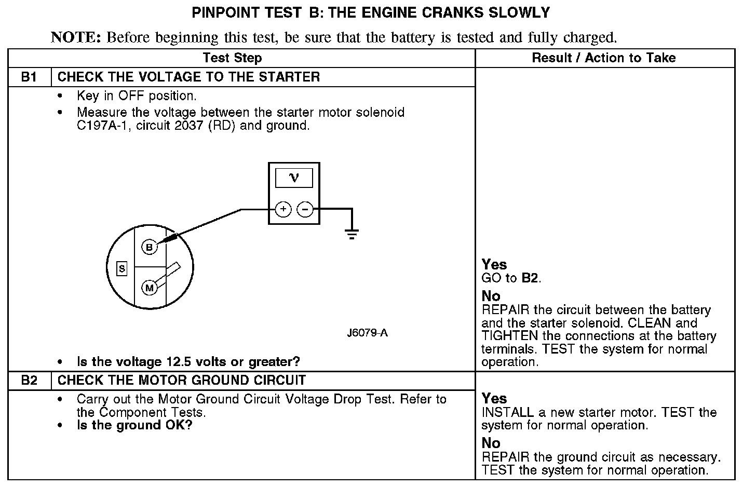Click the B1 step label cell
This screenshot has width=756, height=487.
[x=30, y=77]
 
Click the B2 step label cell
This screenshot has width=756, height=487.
[x=30, y=381]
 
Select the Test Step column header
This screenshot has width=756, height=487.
[x=232, y=58]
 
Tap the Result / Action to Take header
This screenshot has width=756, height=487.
[x=604, y=58]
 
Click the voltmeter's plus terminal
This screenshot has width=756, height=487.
[x=283, y=209]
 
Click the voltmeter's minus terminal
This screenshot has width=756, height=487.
[x=305, y=209]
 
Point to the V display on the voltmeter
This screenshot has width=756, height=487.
[x=294, y=178]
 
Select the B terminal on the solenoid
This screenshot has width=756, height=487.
[x=150, y=248]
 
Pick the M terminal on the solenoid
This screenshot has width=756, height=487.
[x=150, y=288]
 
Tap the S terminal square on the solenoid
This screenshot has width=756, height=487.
[x=122, y=268]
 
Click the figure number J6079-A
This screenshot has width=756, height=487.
[x=367, y=333]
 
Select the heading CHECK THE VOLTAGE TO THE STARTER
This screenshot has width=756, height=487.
[x=188, y=77]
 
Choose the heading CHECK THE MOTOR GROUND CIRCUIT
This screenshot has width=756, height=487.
[x=181, y=381]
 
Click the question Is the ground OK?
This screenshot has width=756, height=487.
[x=134, y=425]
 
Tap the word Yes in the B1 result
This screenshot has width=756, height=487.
[x=494, y=264]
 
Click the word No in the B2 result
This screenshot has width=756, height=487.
[x=491, y=443]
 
